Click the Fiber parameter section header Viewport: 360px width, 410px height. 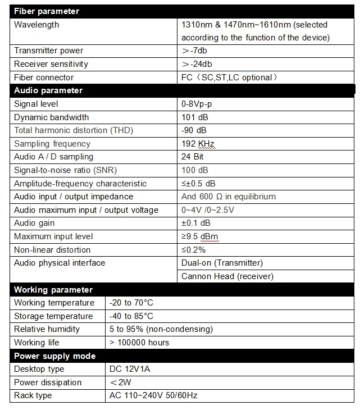tap(47, 11)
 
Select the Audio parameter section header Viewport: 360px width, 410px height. tap(48, 90)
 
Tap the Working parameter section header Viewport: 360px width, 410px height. tap(53, 289)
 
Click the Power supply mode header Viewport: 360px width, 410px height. tap(54, 356)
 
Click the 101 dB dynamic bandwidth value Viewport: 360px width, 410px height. tap(195, 117)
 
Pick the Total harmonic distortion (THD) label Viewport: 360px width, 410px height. tap(74, 130)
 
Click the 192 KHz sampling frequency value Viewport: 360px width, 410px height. tap(198, 144)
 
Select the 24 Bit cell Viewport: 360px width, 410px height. tap(193, 157)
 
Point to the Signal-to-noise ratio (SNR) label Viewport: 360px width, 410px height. tap(65, 170)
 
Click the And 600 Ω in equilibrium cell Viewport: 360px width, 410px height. tap(229, 197)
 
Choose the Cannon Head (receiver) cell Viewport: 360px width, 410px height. tap(227, 276)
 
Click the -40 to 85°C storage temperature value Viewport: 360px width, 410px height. tap(131, 316)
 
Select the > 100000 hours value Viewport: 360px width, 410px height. tap(139, 343)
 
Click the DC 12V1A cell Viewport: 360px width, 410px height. tap(130, 369)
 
